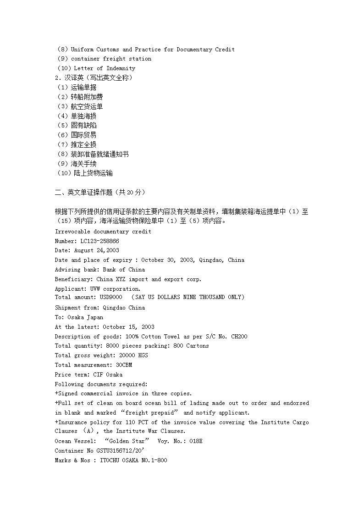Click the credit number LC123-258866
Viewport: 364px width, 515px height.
click(99, 241)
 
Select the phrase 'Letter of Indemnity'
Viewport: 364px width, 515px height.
click(105, 68)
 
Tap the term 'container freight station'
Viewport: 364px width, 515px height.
click(111, 59)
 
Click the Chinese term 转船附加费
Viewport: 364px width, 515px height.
click(87, 97)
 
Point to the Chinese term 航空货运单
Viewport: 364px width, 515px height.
click(87, 106)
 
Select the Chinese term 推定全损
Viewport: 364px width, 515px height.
click(83, 144)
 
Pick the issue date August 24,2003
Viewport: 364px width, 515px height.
click(96, 250)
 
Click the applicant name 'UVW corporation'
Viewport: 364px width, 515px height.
click(115, 289)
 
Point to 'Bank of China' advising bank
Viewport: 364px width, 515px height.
click(123, 270)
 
